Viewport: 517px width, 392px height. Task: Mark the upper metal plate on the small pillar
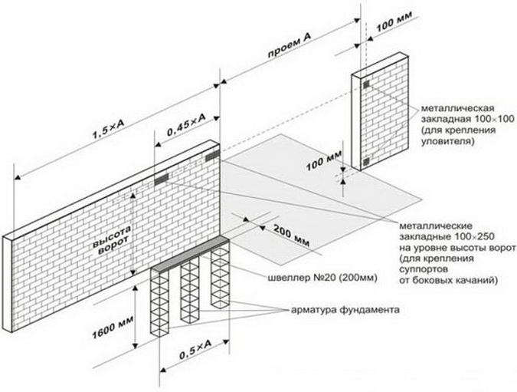[x=365, y=83]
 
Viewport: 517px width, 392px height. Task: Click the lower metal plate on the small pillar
[x=366, y=162]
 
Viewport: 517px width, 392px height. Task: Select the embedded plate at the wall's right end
[x=210, y=157]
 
